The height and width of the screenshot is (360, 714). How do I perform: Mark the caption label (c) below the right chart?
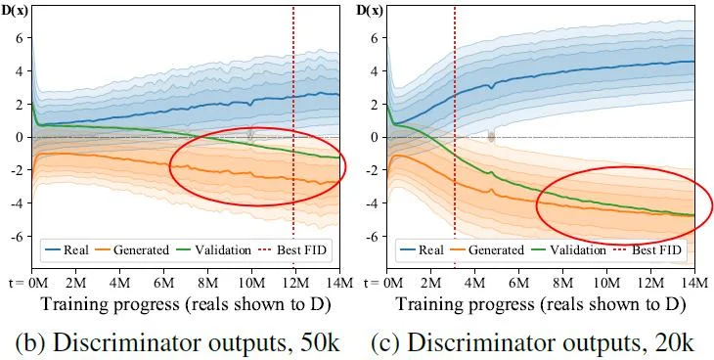pos(386,342)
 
